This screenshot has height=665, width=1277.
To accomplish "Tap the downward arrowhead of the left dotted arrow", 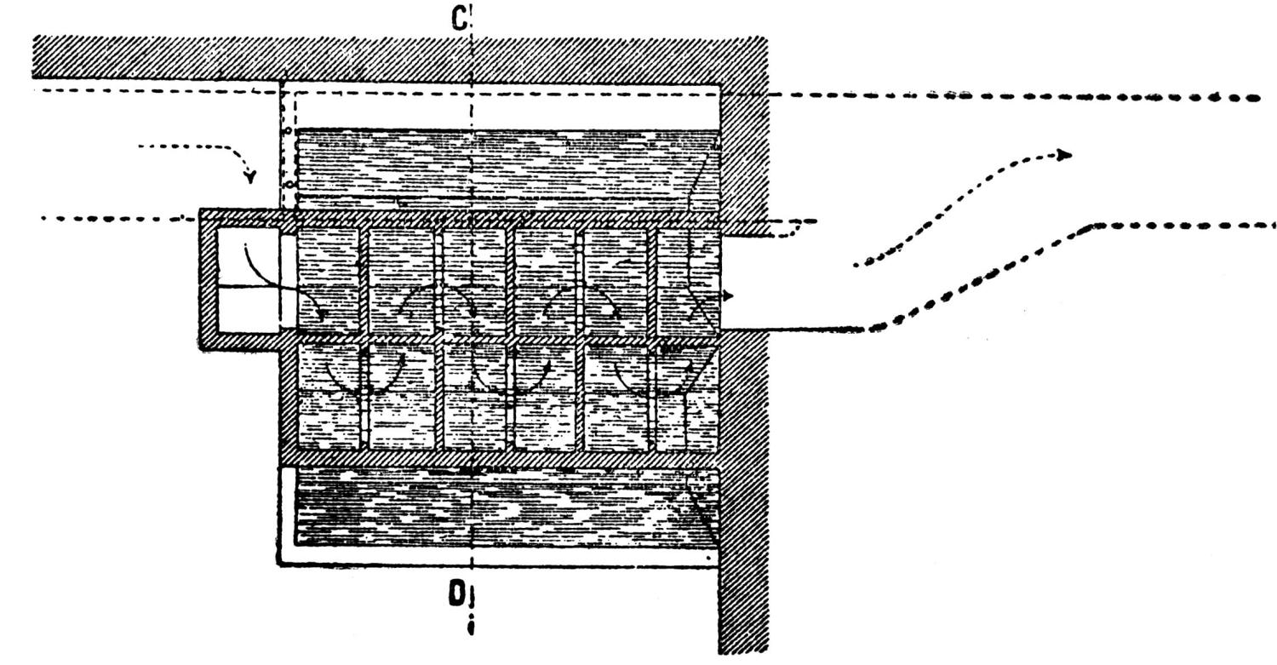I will pyautogui.click(x=250, y=177).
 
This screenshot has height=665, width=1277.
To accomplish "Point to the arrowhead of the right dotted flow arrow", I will pyautogui.click(x=1064, y=155).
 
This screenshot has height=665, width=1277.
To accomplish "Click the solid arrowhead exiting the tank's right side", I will pyautogui.click(x=728, y=295).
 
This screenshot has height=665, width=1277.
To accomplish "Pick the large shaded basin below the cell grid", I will pyautogui.click(x=502, y=507).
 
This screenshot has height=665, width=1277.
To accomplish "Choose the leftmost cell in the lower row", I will pyautogui.click(x=328, y=396).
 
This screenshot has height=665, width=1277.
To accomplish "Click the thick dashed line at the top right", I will pyautogui.click(x=1022, y=96).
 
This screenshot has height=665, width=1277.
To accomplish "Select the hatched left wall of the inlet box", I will pyautogui.click(x=205, y=281).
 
